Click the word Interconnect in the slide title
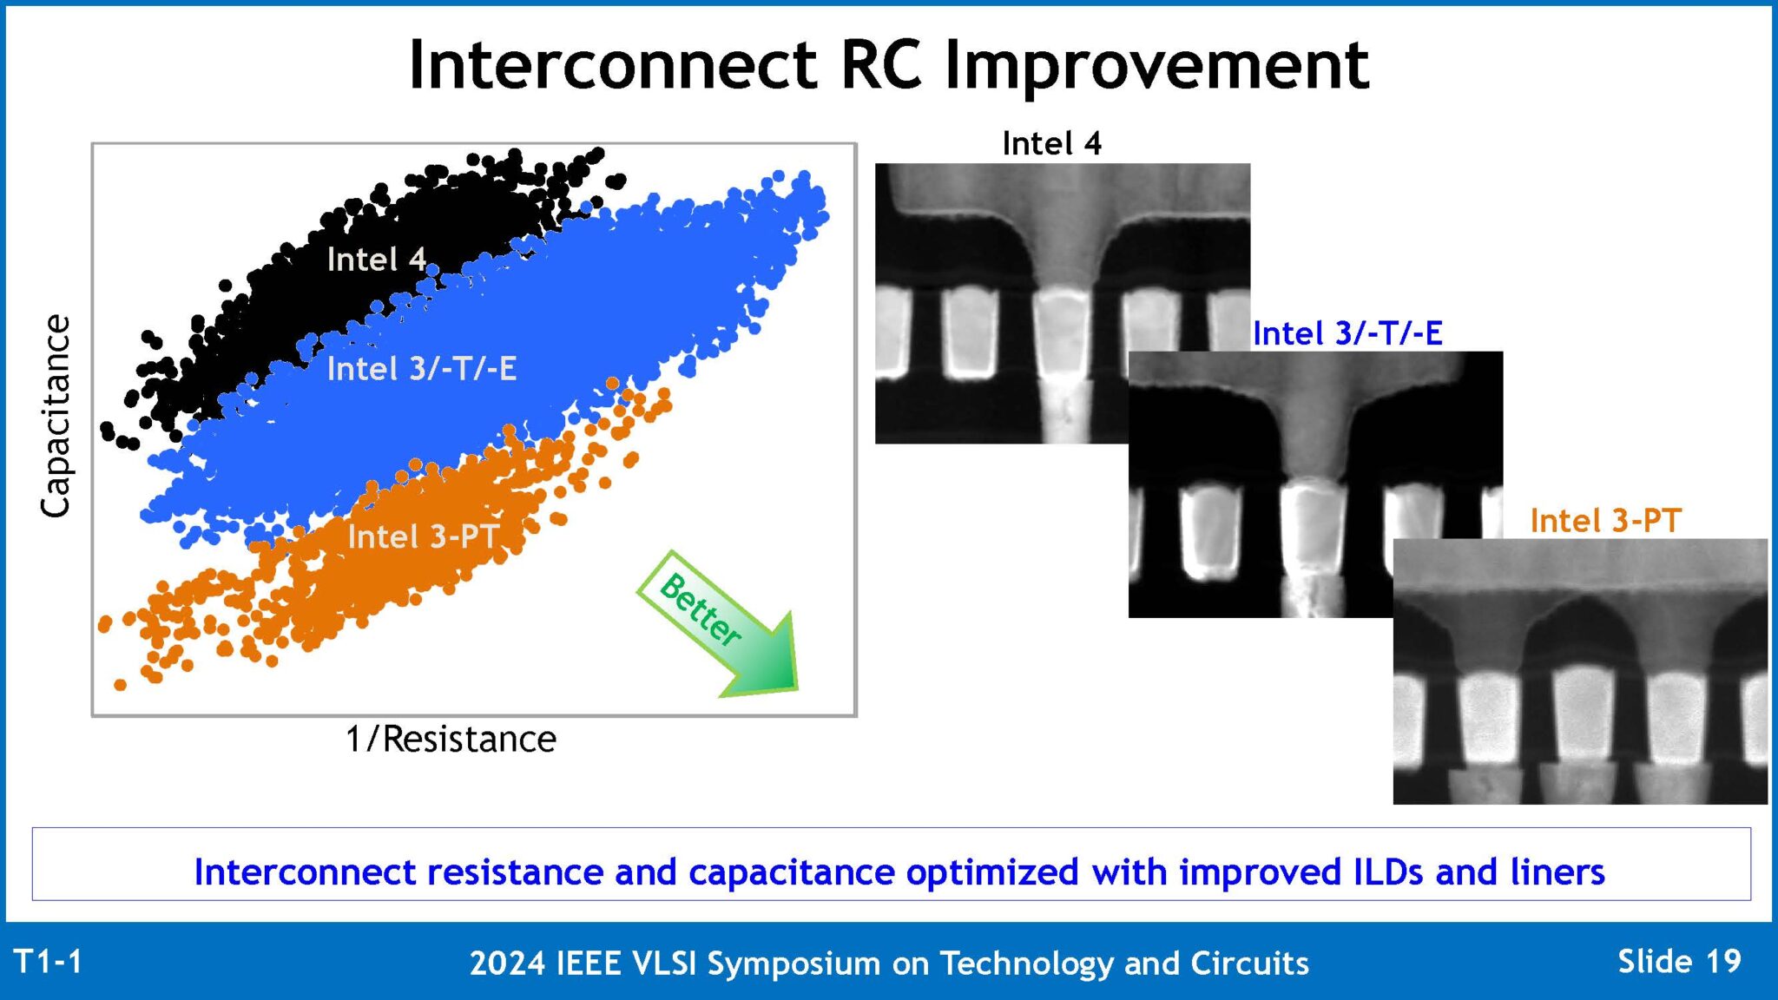tap(612, 65)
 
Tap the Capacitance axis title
tap(56, 417)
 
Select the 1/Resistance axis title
tap(451, 740)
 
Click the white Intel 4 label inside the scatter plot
tap(376, 260)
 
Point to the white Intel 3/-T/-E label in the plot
tap(421, 369)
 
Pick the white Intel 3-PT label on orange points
tap(423, 536)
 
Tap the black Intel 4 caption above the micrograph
tap(1051, 143)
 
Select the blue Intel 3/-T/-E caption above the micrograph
tap(1347, 333)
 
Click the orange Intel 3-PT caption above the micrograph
tap(1605, 521)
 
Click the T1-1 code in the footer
tap(49, 962)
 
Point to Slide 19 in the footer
tap(1679, 962)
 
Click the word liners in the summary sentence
tap(1557, 872)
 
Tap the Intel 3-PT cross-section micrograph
tap(1580, 673)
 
